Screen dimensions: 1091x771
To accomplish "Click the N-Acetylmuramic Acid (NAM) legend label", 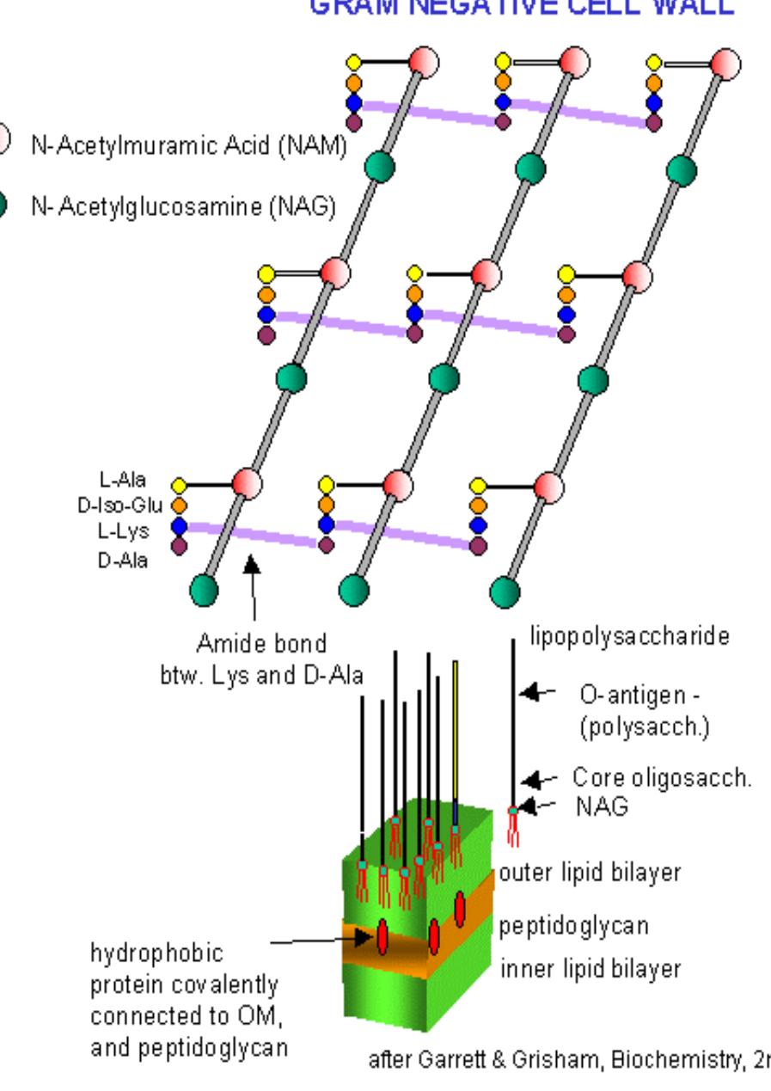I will tap(188, 146).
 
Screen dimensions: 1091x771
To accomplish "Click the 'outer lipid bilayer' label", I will tap(590, 872).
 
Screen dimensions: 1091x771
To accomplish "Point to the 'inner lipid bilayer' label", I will tap(590, 969).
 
